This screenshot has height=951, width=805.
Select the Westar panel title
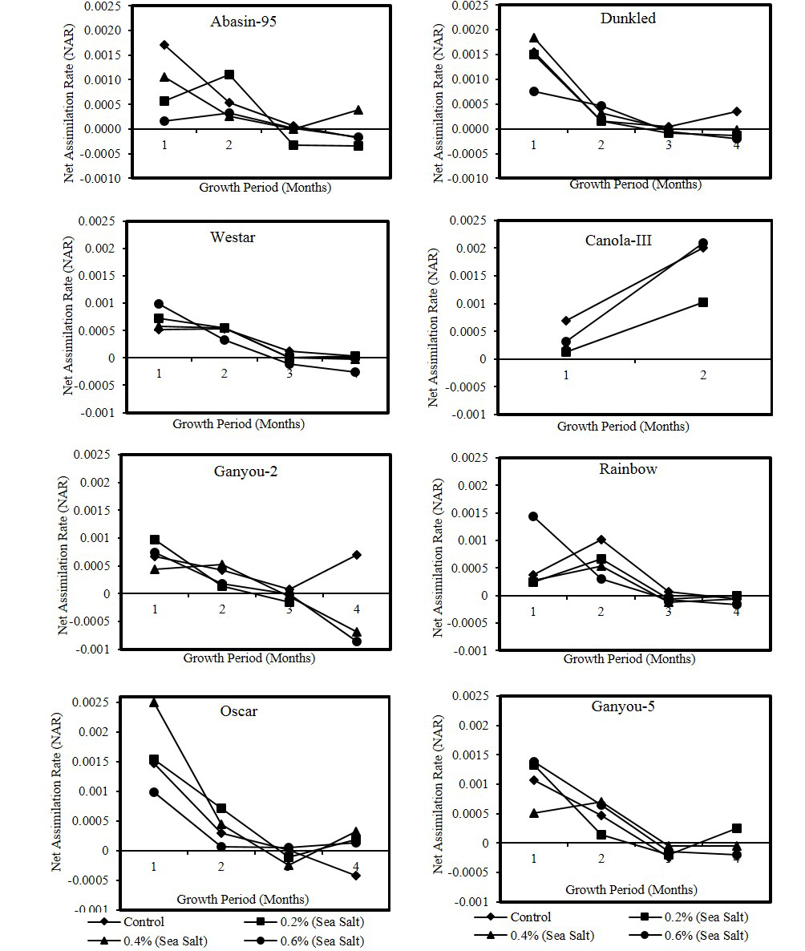tap(233, 238)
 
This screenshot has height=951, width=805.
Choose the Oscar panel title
tap(238, 711)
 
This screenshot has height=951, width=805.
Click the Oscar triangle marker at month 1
tap(154, 702)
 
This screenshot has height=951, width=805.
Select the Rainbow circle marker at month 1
tap(532, 516)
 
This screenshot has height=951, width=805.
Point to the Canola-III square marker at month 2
tap(703, 302)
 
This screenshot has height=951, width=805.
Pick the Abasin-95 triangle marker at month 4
tap(358, 110)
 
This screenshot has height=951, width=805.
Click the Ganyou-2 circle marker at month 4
tap(357, 641)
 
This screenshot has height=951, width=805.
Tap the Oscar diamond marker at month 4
tap(356, 876)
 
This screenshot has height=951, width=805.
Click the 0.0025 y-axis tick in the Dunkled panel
tap(469, 5)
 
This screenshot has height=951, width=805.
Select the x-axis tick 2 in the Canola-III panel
tap(703, 376)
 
